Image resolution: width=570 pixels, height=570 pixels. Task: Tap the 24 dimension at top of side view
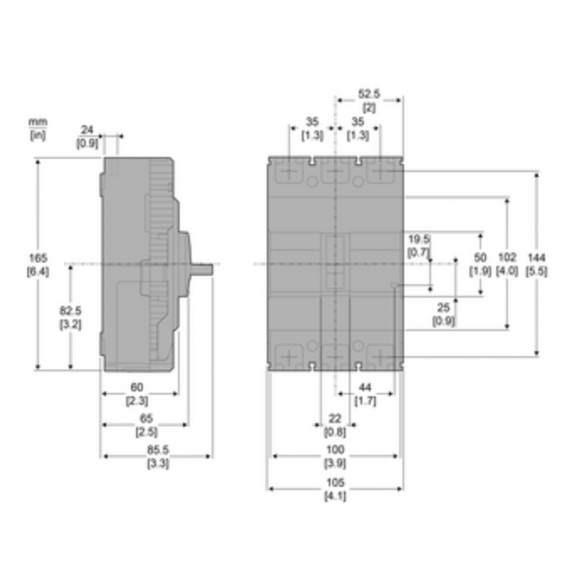[x=87, y=130]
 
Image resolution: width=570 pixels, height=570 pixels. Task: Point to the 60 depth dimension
[x=137, y=387]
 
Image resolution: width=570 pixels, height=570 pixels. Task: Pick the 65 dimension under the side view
[x=147, y=419]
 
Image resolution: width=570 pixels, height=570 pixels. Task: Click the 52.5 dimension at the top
[x=369, y=93]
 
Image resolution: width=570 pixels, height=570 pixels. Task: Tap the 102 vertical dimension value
[x=507, y=256]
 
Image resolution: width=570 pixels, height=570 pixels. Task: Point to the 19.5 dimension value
[x=418, y=239]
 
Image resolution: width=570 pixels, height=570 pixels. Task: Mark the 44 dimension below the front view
[x=366, y=387]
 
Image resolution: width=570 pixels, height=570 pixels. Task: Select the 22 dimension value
[x=334, y=419]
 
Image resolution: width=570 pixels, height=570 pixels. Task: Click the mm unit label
[x=38, y=123]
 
